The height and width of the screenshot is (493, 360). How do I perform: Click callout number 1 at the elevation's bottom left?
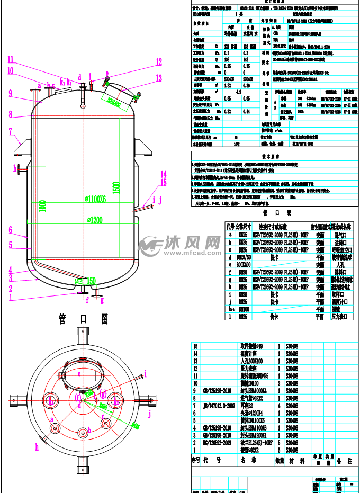tap(10, 298)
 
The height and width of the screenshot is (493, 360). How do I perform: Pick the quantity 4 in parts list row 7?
tap(279, 404)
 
